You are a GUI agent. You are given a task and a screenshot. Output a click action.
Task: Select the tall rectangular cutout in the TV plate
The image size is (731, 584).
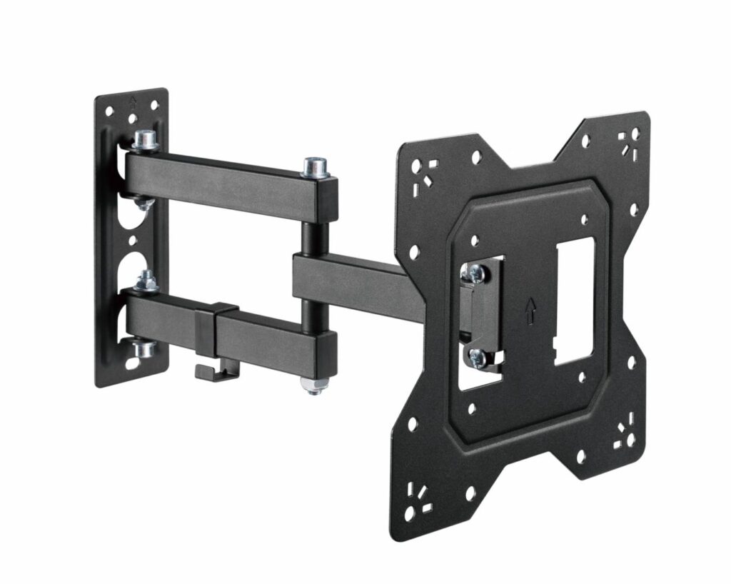click(575, 300)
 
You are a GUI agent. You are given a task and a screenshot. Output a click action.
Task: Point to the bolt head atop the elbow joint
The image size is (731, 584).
click(312, 168)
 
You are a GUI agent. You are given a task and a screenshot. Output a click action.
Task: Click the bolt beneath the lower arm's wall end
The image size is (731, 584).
click(146, 349)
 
